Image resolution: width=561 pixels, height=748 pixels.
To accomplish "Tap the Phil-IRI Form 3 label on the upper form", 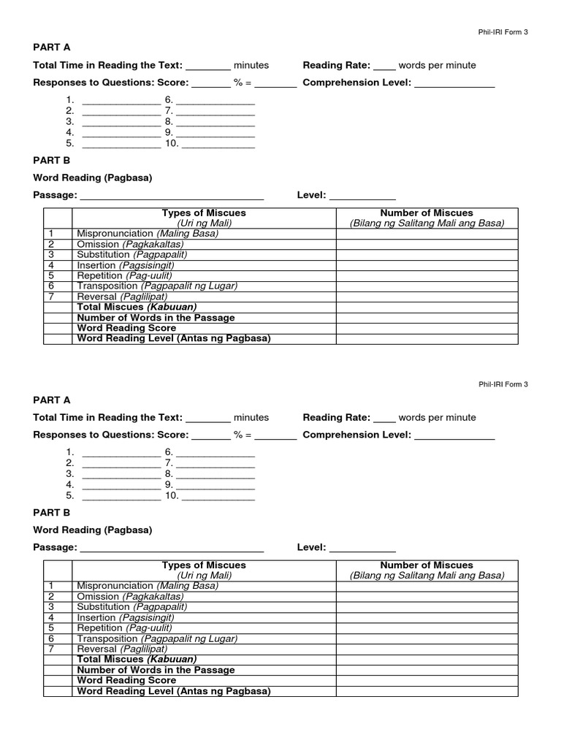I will point(503,32).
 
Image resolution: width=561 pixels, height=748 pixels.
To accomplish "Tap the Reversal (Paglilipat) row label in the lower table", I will point(122,649).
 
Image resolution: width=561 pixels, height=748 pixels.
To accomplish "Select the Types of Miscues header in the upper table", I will point(204,213).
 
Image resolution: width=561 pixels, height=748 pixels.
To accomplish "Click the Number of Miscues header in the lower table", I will point(427,565).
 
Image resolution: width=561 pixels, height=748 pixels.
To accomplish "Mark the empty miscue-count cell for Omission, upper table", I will point(427,244).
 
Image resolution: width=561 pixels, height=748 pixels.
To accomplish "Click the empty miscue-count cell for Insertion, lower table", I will point(427,617).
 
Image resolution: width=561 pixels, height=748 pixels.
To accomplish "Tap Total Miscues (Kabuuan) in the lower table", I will point(137,659).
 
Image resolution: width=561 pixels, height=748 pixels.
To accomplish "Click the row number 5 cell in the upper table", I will point(52,275).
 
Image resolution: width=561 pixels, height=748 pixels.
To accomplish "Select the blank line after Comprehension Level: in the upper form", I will point(454,85).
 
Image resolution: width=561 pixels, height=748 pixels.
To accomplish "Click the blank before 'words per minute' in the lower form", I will point(384,420).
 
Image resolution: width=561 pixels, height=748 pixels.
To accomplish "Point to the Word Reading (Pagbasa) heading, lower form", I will point(93,530).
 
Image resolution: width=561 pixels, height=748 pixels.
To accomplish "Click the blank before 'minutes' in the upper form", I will point(208,67).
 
